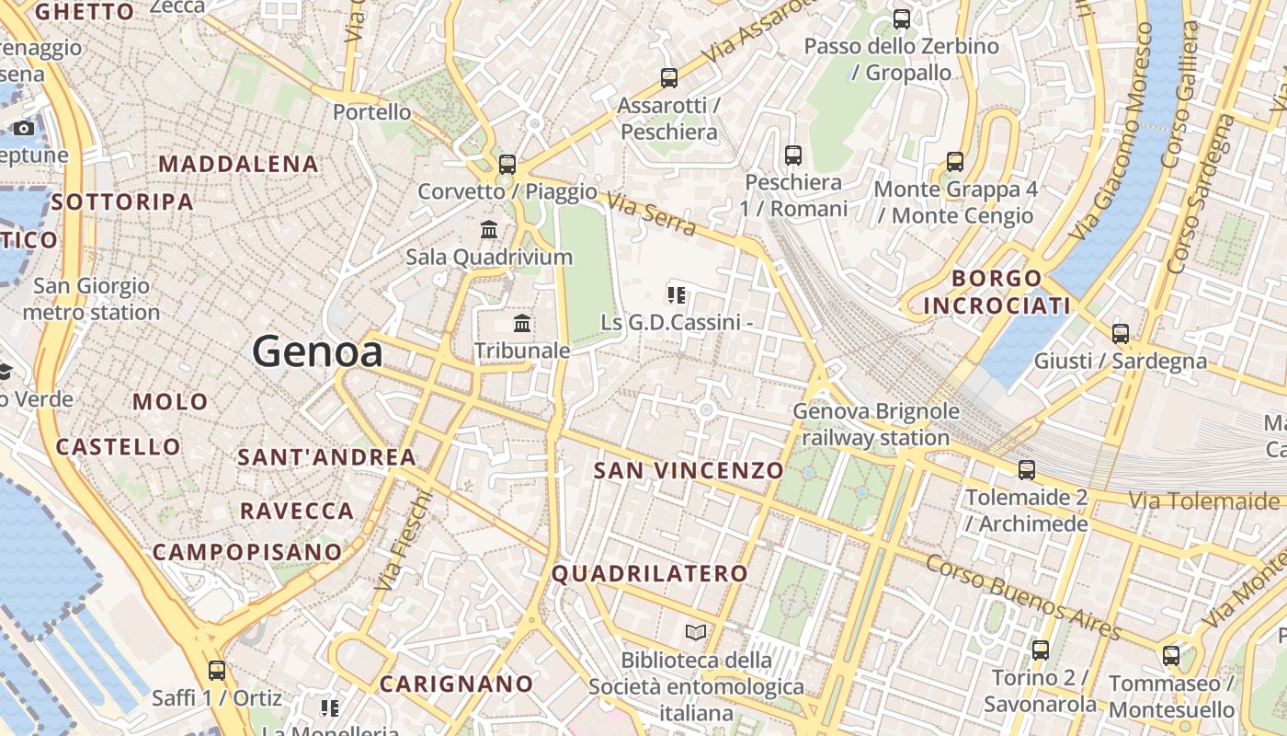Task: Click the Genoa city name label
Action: pos(317,352)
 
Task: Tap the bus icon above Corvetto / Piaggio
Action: pos(507,165)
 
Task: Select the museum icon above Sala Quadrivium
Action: pos(489,229)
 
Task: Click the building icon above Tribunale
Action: pos(522,323)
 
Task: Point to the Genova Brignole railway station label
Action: pos(875,424)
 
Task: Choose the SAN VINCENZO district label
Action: pos(689,471)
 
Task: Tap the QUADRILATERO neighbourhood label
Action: pos(650,574)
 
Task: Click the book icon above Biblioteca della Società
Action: pos(696,632)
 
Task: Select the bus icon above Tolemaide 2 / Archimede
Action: pos(1026,470)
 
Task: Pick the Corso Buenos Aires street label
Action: pos(1023,596)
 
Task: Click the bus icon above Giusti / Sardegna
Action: pos(1120,333)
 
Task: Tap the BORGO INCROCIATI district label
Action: pos(997,292)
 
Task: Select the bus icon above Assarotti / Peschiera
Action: pos(669,78)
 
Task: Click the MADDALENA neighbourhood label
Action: pos(239,165)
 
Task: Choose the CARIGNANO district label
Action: pos(456,684)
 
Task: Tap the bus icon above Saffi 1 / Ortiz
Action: pos(217,671)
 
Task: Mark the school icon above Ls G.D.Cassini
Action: pos(677,295)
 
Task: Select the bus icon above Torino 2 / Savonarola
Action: pos(1040,650)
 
